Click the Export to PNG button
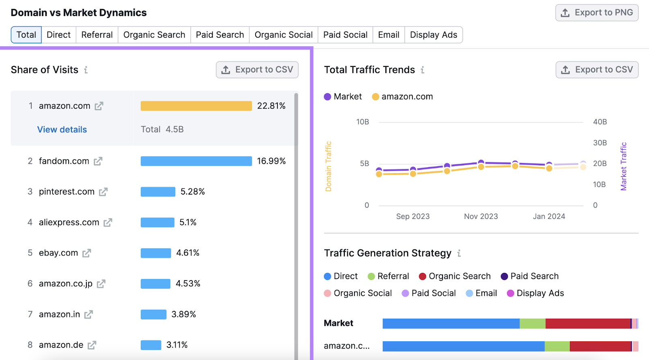[597, 13]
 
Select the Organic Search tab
[154, 35]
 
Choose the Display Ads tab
[433, 35]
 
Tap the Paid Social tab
[345, 35]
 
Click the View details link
[62, 130]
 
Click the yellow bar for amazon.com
[196, 106]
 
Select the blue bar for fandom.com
[196, 161]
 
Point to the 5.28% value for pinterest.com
[193, 192]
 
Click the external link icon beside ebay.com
[87, 253]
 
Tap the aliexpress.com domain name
[69, 223]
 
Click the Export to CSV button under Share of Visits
[257, 70]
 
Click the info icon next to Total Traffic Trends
[423, 70]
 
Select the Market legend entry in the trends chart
[343, 97]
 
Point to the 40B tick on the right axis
[600, 122]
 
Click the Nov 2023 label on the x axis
[481, 216]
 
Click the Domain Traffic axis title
[329, 166]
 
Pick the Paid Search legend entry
[530, 276]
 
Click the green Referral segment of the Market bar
[532, 324]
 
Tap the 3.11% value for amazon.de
[177, 345]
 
